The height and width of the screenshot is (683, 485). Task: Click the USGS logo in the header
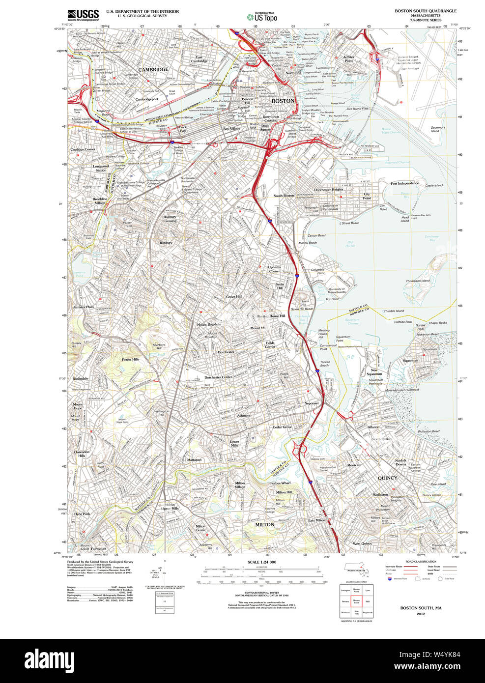click(83, 14)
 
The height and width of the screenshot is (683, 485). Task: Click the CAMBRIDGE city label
click(153, 70)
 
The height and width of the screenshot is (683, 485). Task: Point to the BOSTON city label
click(283, 101)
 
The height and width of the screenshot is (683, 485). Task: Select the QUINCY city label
click(387, 478)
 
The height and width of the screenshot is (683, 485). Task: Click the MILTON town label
click(264, 525)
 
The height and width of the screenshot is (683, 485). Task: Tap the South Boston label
click(284, 196)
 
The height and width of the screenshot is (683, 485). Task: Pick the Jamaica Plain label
click(83, 307)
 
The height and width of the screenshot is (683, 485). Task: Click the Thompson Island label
click(418, 281)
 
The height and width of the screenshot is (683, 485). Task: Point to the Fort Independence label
click(405, 183)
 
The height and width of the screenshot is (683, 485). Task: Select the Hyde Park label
click(82, 514)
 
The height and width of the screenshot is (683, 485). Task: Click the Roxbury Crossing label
click(170, 219)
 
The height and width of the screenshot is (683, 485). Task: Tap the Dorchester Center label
click(218, 377)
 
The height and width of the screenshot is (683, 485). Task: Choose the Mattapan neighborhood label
click(194, 460)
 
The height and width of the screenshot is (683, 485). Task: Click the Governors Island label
click(437, 129)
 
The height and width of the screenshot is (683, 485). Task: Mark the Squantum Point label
click(343, 339)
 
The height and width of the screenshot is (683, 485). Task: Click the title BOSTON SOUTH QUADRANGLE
click(426, 11)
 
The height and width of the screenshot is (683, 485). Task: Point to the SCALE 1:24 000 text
click(261, 562)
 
